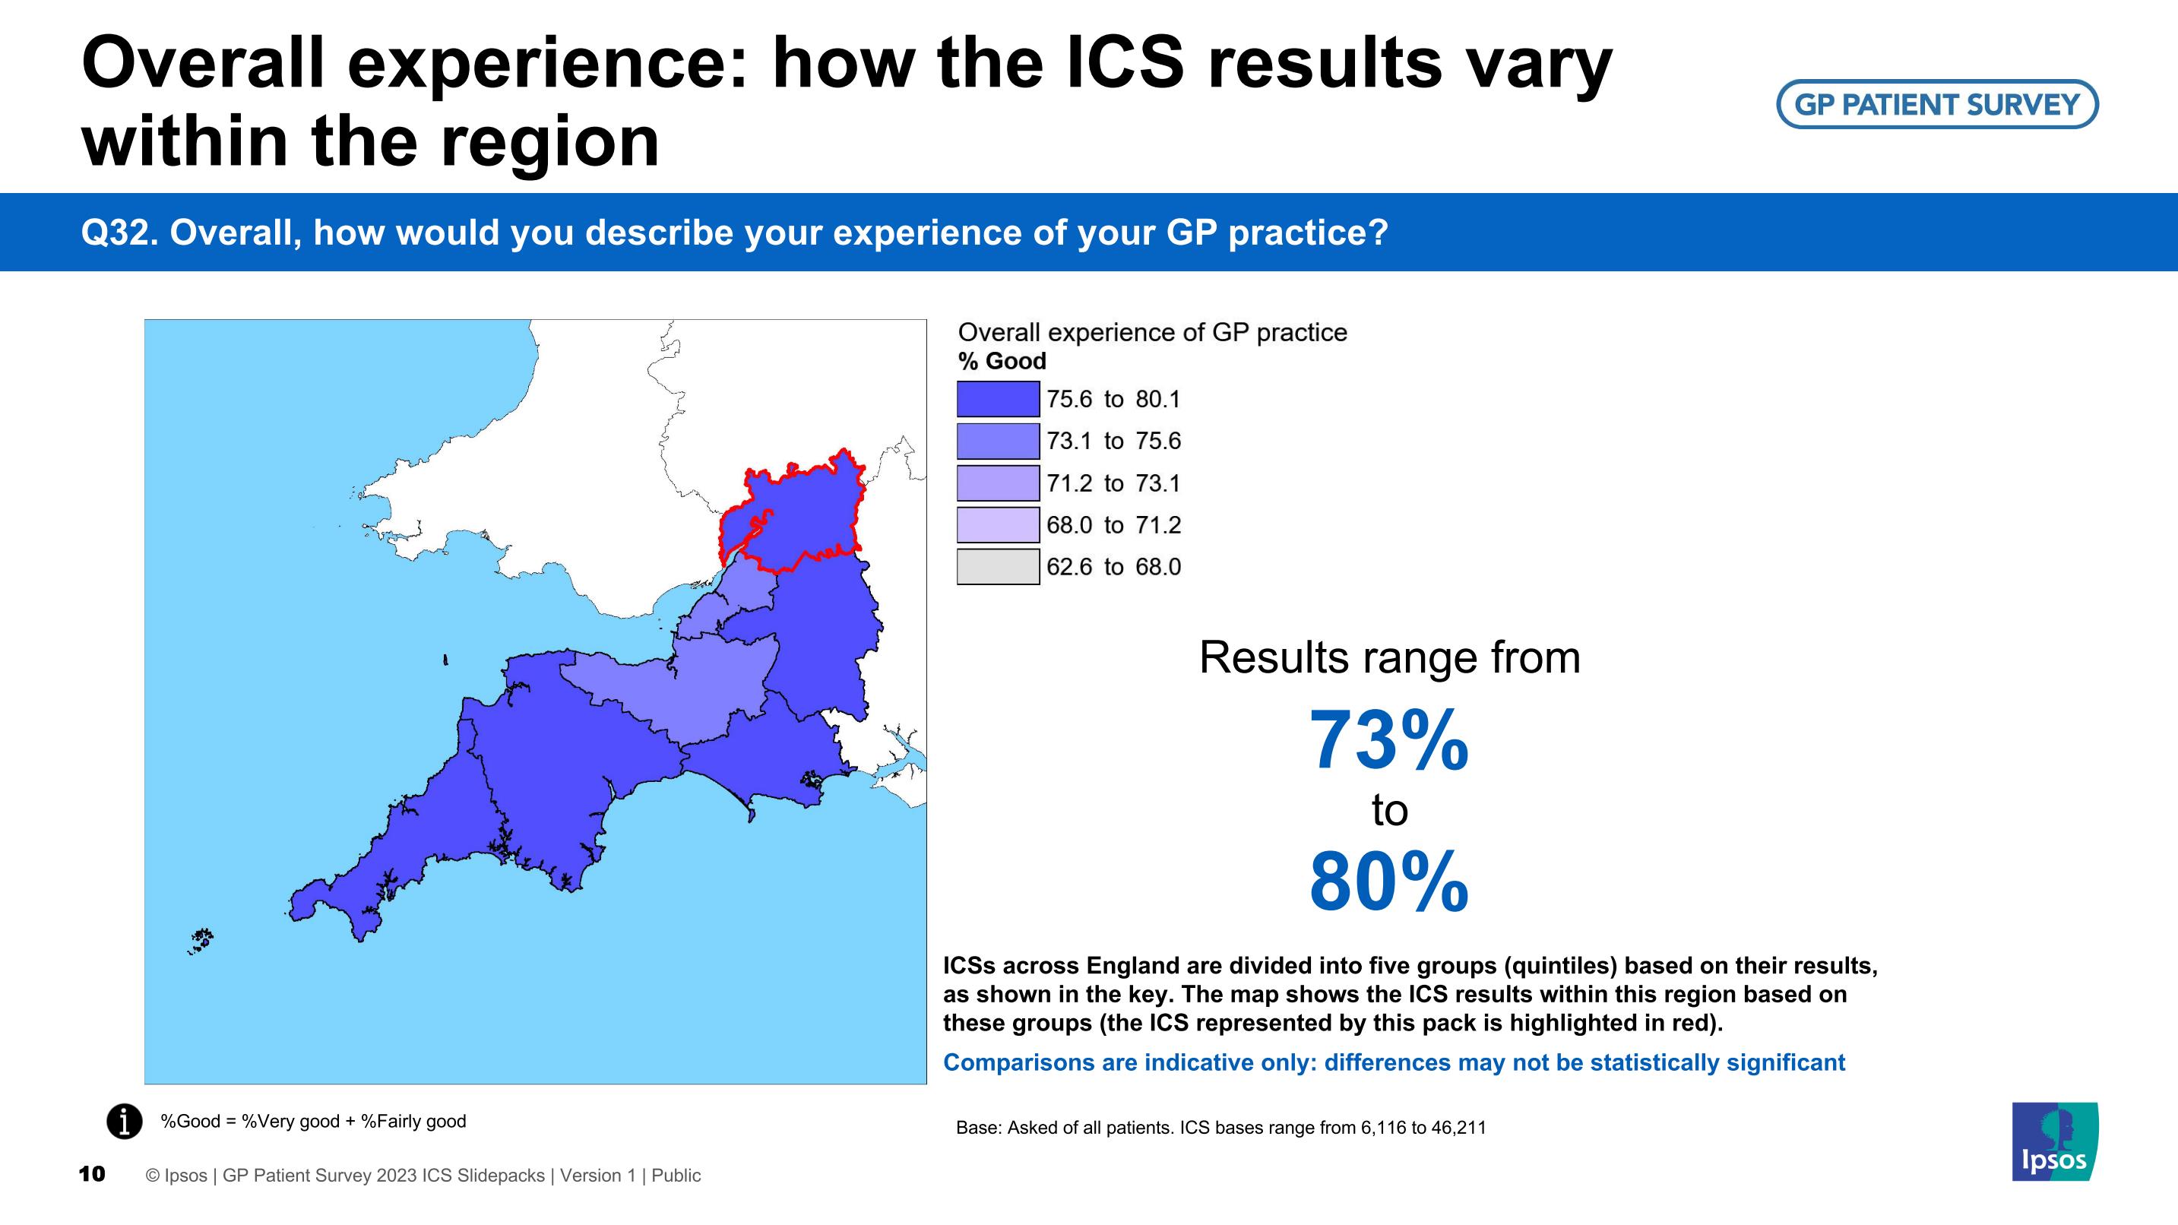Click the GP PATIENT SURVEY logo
[x=1937, y=104]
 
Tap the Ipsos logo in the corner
[x=2055, y=1141]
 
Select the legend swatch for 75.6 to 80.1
[x=998, y=399]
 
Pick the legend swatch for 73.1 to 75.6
[x=998, y=441]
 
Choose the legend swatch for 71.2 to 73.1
[x=998, y=483]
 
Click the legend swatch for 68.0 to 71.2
[x=998, y=524]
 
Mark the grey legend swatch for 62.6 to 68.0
[x=998, y=566]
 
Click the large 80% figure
[x=1389, y=882]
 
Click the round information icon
[x=125, y=1121]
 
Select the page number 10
[x=92, y=1173]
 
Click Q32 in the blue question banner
[x=119, y=233]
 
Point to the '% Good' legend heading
[x=1002, y=361]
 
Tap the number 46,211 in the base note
[x=1458, y=1128]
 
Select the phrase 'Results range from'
[x=1389, y=658]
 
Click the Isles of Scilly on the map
[x=201, y=940]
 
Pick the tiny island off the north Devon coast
[x=445, y=660]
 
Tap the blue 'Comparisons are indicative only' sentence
[x=1394, y=1062]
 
